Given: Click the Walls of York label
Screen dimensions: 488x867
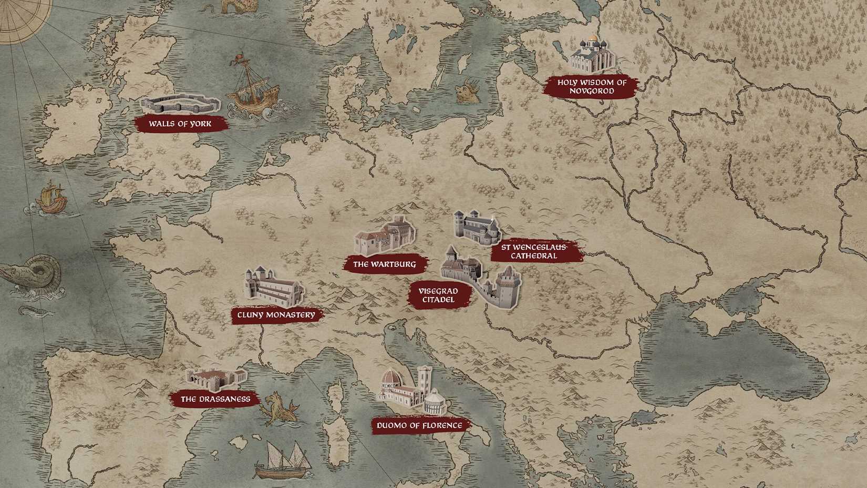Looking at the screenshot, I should click(x=180, y=124).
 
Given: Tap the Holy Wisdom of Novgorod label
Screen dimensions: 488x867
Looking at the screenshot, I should click(x=592, y=87).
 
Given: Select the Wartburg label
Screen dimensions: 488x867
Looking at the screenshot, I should click(x=384, y=264).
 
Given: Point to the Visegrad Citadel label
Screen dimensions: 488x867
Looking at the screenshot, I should click(x=438, y=296).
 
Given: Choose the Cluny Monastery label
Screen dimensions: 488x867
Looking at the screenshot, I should click(x=276, y=315).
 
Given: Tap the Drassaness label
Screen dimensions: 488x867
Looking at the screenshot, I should click(x=215, y=399).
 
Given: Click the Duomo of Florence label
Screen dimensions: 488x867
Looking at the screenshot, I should click(x=419, y=425).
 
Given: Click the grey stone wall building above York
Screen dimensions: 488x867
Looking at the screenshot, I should click(x=180, y=104).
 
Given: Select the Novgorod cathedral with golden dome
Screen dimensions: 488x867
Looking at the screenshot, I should click(x=593, y=55).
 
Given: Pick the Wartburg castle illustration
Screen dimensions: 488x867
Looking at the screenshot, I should click(x=385, y=237).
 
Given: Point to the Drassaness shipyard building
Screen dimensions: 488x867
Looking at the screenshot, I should click(x=215, y=379).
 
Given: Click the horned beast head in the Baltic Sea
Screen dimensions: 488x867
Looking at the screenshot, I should click(x=468, y=91).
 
